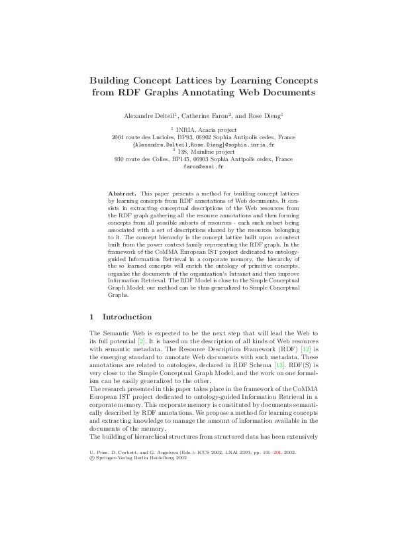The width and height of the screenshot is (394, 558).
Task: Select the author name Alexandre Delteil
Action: (x=148, y=116)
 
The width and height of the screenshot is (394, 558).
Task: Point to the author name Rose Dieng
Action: (x=265, y=116)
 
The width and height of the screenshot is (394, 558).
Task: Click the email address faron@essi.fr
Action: (x=197, y=168)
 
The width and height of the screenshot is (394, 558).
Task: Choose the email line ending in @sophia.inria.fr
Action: (x=197, y=144)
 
